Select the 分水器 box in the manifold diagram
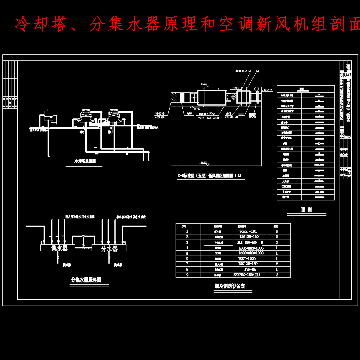pyautogui.click(x=109, y=248)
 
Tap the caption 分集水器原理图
pyautogui.click(x=86, y=280)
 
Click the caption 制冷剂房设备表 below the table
pyautogui.click(x=230, y=286)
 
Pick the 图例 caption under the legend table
pyautogui.click(x=306, y=210)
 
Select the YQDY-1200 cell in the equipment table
pyautogui.click(x=247, y=259)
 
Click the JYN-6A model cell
pyautogui.click(x=247, y=270)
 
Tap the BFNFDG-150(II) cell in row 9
pyautogui.click(x=247, y=275)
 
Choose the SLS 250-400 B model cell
pyautogui.click(x=247, y=242)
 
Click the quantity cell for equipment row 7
pyautogui.click(x=276, y=264)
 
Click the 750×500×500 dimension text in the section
pyautogui.click(x=231, y=117)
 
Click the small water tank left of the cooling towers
pyautogui.click(x=49, y=116)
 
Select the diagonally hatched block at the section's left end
pyautogui.click(x=174, y=97)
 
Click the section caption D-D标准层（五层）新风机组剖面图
pyautogui.click(x=210, y=176)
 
